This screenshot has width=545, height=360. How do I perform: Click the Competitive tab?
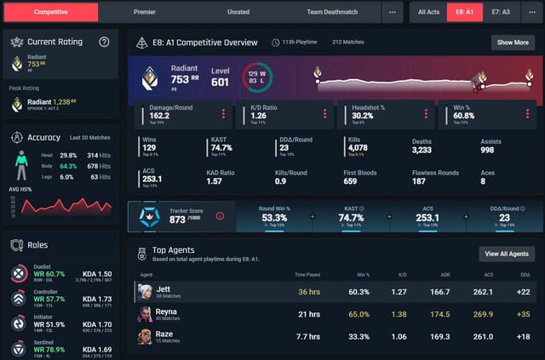51,12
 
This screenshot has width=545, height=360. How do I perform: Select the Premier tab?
145,12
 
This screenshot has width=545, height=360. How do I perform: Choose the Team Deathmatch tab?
332,12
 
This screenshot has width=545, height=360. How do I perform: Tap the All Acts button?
429,12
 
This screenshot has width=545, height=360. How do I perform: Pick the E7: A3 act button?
501,12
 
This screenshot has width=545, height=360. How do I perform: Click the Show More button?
513,42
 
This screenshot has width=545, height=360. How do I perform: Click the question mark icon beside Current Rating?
104,42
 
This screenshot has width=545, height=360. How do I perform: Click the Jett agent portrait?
146,291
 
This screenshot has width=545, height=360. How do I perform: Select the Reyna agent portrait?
146,314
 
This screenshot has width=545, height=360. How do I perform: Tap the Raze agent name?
163,334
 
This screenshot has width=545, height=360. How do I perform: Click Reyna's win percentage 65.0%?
359,314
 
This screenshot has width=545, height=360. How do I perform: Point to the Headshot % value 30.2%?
364,116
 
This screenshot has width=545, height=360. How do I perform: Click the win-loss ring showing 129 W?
256,77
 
